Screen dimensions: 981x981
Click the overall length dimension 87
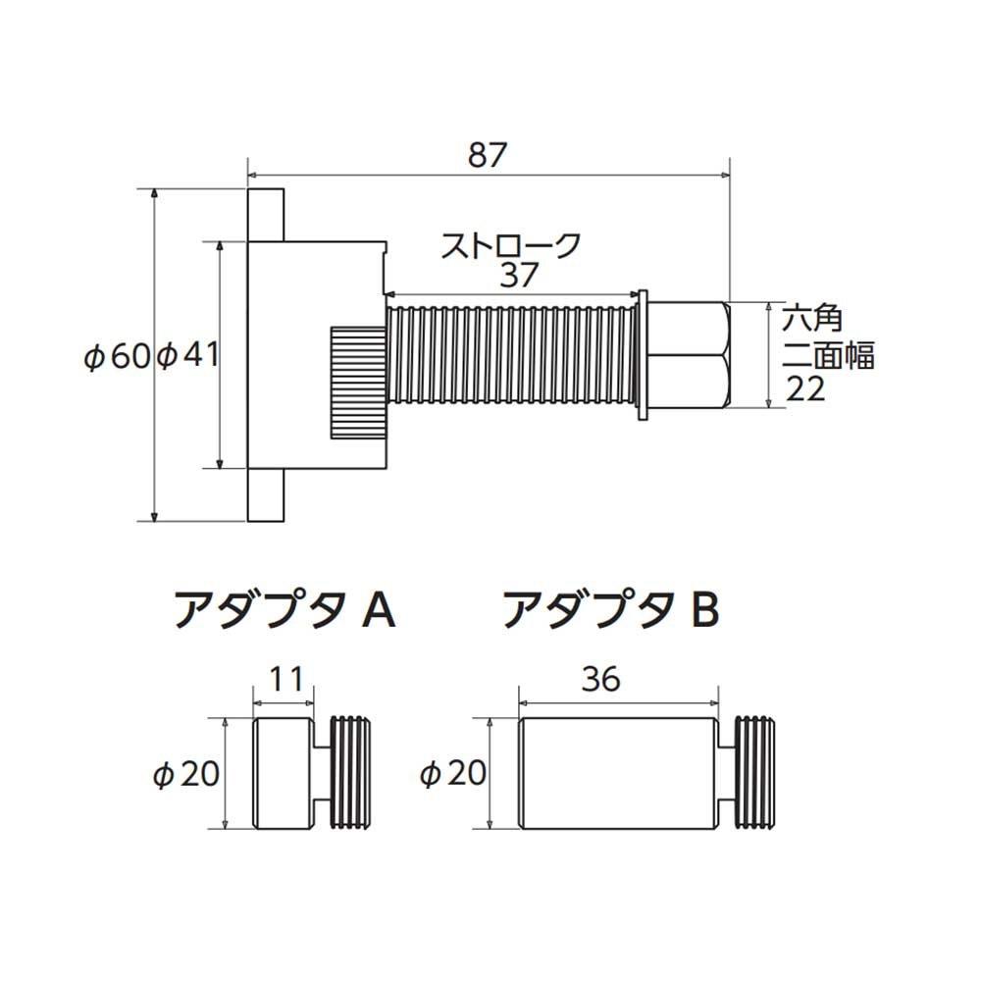coord(488,155)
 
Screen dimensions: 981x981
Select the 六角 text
coord(812,319)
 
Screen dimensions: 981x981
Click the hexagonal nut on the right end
coord(688,355)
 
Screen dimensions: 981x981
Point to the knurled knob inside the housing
coord(356,383)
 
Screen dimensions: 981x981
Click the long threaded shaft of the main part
coord(512,355)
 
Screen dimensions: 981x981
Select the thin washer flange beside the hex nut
coord(643,355)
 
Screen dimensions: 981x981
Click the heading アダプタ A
coord(284,611)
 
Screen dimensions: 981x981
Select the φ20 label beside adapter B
coord(452,774)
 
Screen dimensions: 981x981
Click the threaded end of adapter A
coord(354,772)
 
